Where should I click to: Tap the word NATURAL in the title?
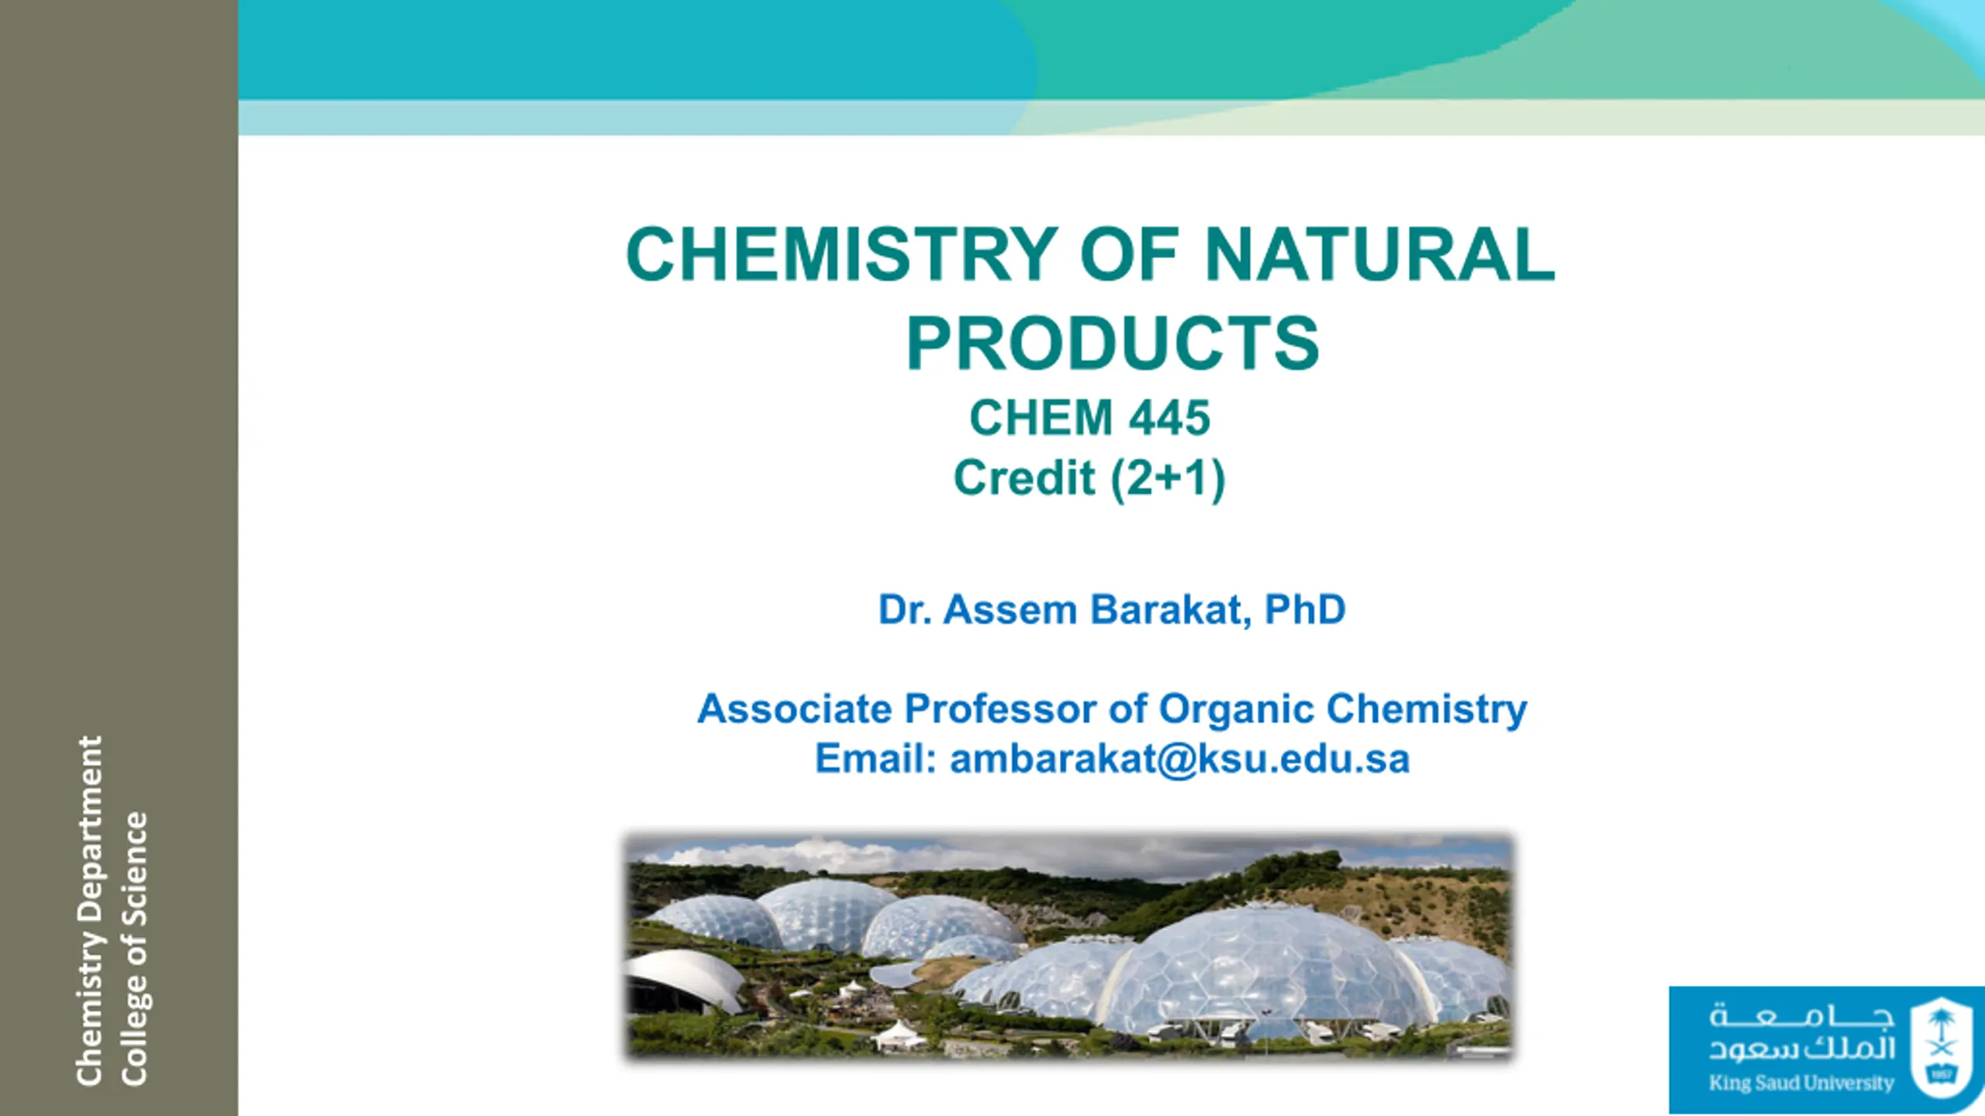(1379, 254)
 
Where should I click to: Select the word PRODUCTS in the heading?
(1113, 343)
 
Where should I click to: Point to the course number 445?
(1169, 418)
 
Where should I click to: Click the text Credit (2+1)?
(1089, 478)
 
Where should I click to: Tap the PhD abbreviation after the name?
(1305, 609)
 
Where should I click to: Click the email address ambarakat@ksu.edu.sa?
(1179, 759)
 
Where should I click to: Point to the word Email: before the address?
(875, 758)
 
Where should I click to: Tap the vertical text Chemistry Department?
(90, 911)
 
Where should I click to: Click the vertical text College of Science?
(133, 949)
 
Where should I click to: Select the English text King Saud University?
(1801, 1083)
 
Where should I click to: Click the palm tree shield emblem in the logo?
(1940, 1047)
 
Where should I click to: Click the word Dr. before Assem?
(904, 610)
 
